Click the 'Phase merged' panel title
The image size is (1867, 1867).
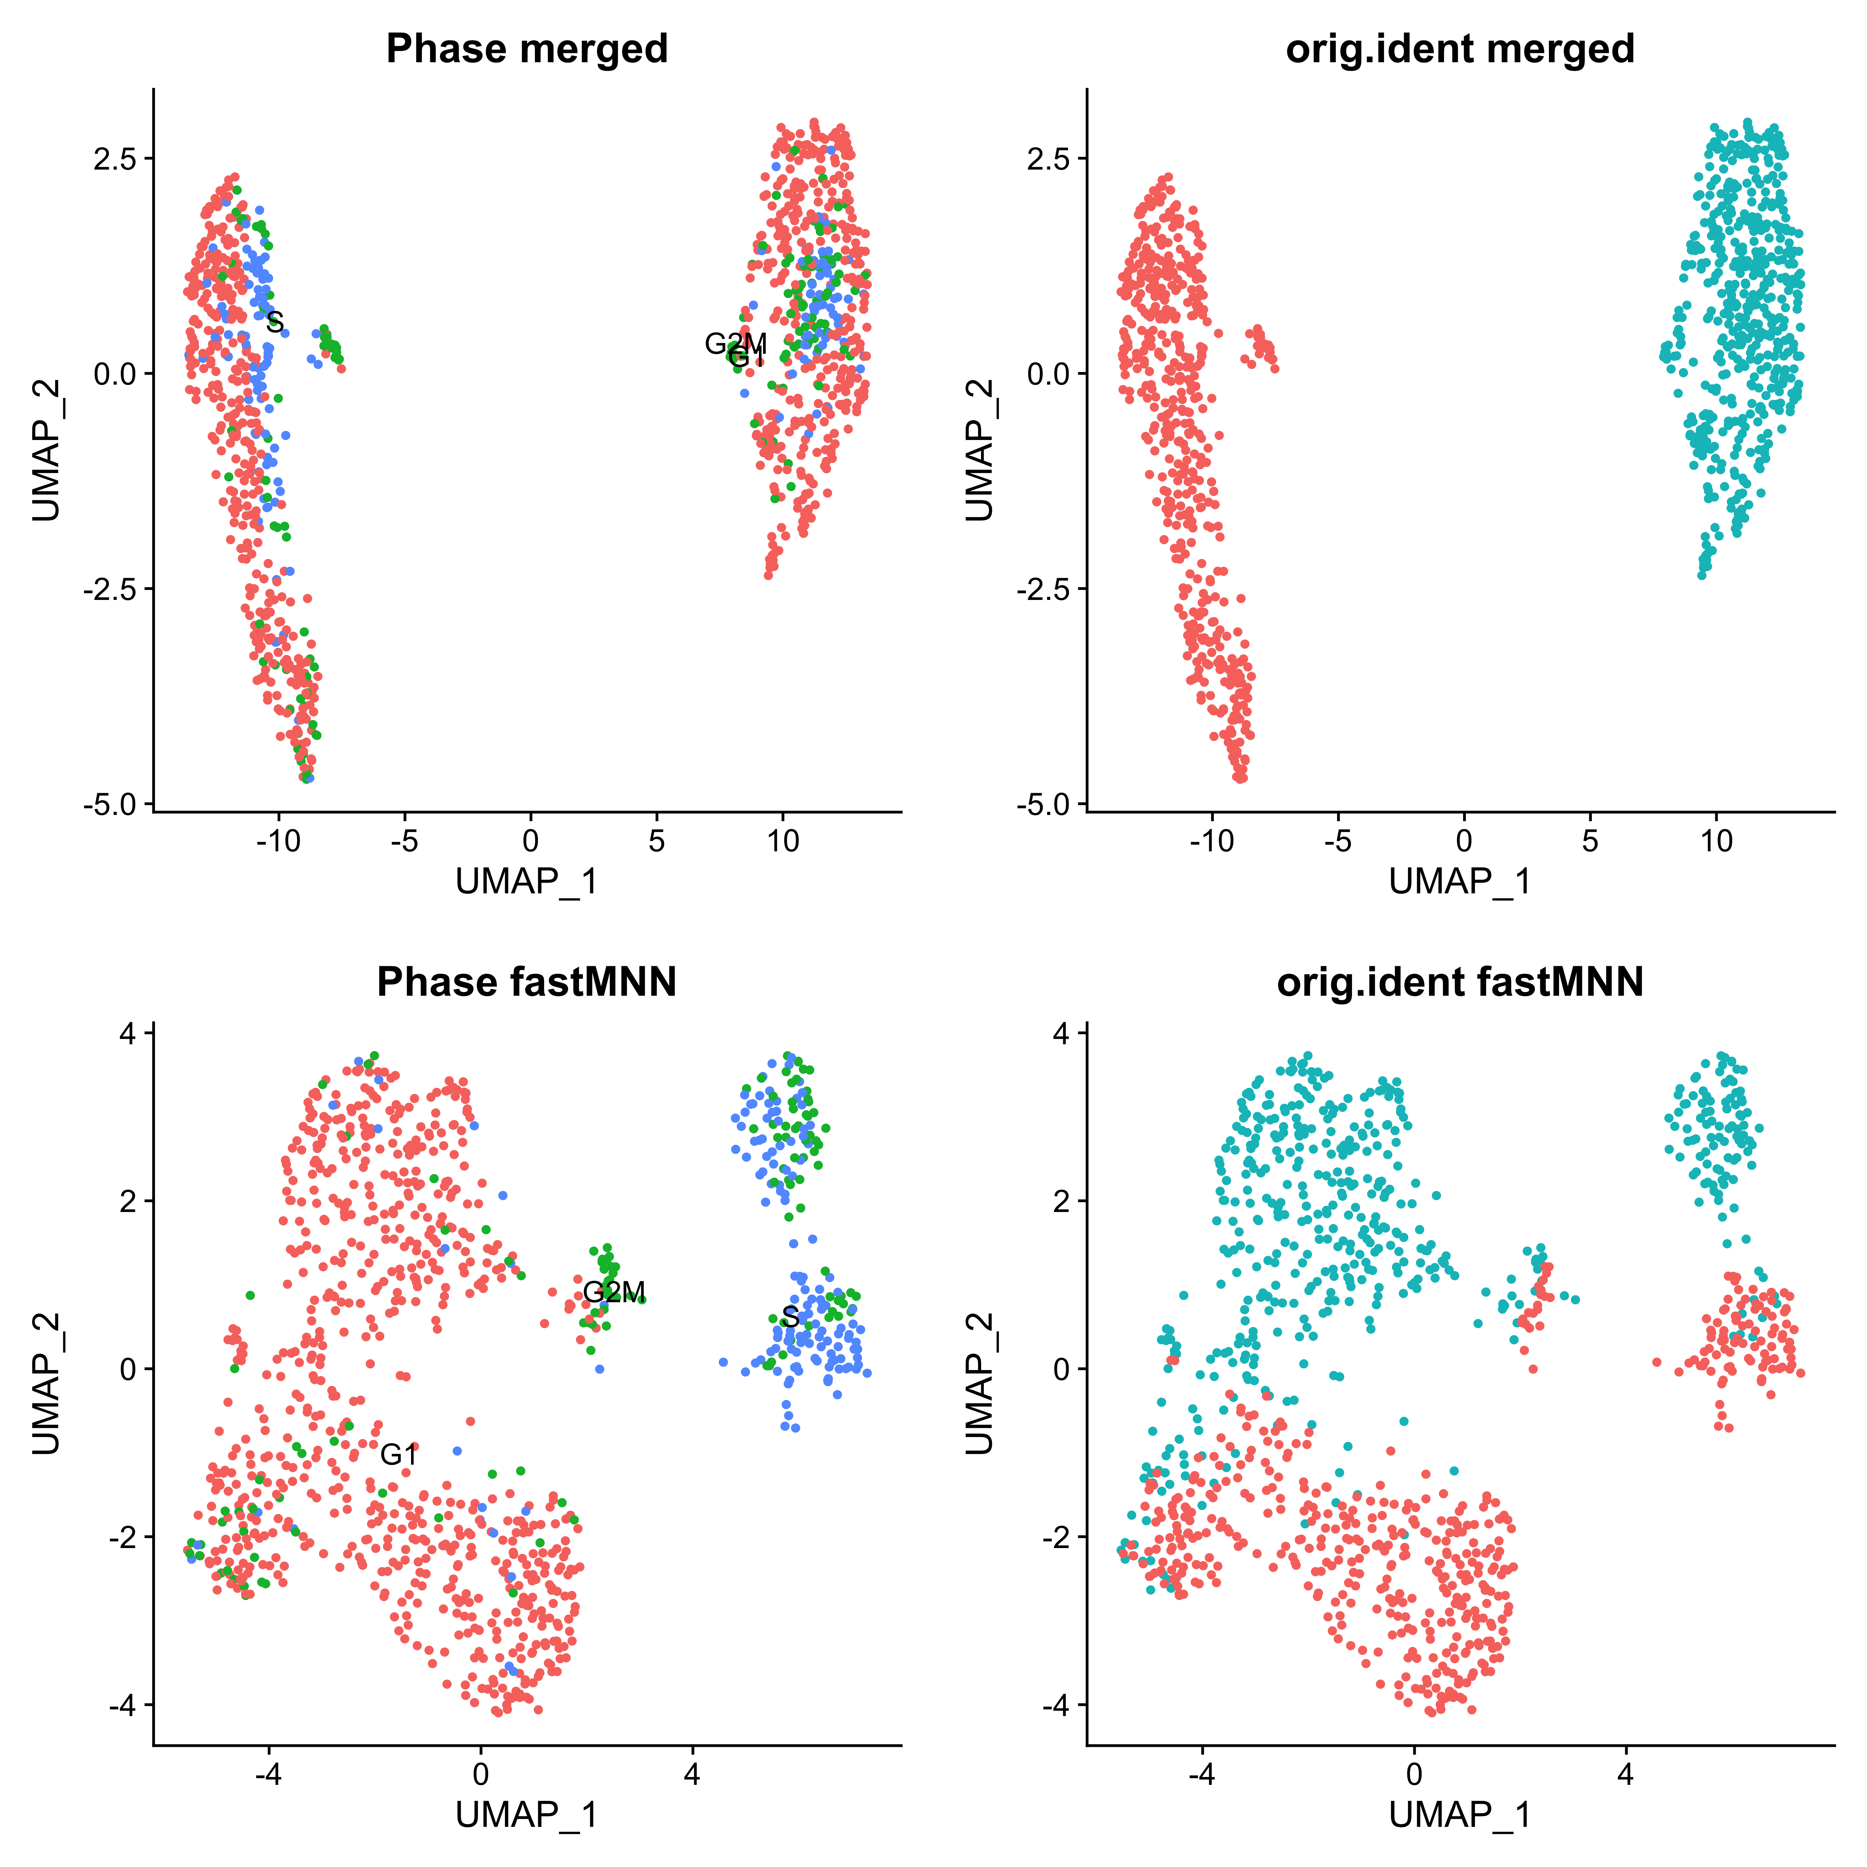(x=527, y=48)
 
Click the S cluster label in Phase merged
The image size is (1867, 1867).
(x=275, y=322)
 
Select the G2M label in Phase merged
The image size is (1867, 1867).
(x=735, y=343)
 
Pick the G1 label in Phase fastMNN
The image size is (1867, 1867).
(x=398, y=1454)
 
